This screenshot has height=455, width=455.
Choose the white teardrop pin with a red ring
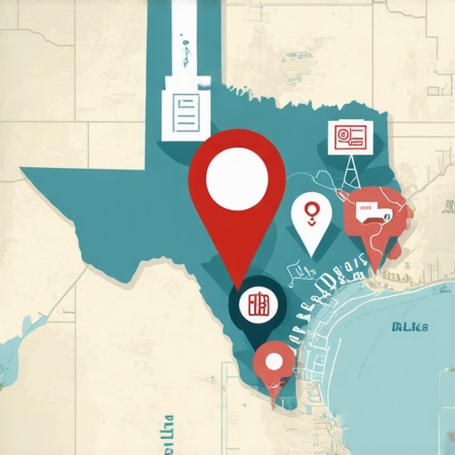pos(311,220)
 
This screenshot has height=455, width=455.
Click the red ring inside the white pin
pos(311,211)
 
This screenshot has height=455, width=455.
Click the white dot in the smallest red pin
pos(274,361)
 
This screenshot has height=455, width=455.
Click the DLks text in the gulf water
pos(410,326)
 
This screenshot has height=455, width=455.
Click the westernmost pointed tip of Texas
pos(21,169)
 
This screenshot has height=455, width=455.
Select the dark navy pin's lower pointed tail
pos(259,342)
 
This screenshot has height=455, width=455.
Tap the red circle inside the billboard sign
pos(340,136)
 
